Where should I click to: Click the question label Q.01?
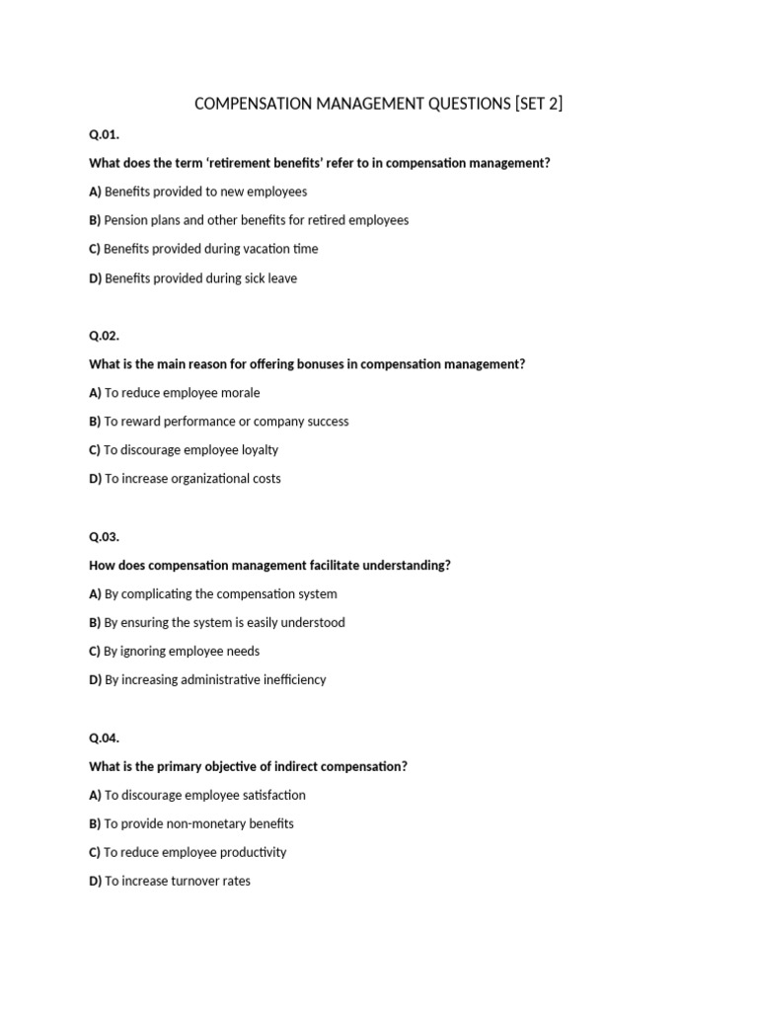point(104,134)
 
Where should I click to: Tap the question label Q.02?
point(104,336)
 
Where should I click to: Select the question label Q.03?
point(104,537)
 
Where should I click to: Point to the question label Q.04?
point(104,738)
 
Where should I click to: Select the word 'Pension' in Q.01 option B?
point(124,220)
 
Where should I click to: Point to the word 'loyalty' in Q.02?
point(255,450)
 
